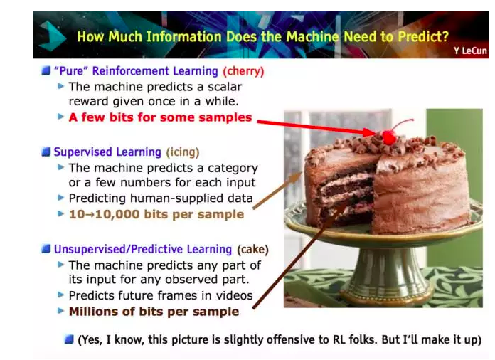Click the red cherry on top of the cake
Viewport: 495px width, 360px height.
click(x=389, y=138)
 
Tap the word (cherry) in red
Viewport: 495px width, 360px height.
click(x=243, y=71)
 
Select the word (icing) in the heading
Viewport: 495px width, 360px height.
click(x=183, y=152)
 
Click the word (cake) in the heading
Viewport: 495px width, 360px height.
click(x=253, y=249)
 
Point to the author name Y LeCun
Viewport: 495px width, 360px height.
click(x=470, y=51)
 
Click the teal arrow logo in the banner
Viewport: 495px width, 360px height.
click(x=52, y=36)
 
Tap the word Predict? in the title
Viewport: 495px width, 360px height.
click(x=423, y=36)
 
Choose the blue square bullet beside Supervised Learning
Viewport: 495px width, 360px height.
click(x=46, y=152)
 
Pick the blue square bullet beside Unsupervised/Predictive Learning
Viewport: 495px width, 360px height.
click(x=46, y=249)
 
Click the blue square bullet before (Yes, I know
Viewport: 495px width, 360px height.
click(x=69, y=339)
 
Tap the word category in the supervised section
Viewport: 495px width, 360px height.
click(x=233, y=168)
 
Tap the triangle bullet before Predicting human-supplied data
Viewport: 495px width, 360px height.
click(x=61, y=198)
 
